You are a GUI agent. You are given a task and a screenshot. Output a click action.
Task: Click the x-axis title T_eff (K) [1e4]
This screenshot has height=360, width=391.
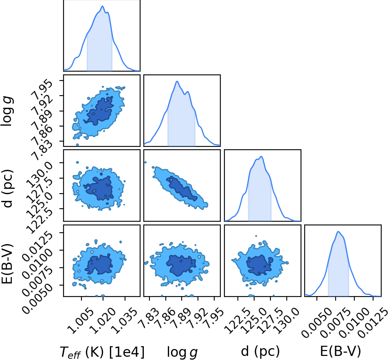102,352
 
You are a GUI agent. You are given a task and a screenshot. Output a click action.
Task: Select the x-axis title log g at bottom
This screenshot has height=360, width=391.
182,352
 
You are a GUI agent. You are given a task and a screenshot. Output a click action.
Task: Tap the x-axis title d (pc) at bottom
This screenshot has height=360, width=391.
260,351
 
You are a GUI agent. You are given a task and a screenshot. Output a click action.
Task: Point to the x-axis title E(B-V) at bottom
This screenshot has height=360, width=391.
340,351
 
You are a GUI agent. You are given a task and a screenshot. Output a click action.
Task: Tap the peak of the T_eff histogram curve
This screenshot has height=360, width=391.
102,6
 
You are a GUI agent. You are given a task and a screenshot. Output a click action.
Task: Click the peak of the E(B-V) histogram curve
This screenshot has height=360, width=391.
338,231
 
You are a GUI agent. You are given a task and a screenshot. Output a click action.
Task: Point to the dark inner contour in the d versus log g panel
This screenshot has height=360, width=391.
182,188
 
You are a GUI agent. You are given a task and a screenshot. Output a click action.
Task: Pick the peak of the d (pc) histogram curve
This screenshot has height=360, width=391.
261,156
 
